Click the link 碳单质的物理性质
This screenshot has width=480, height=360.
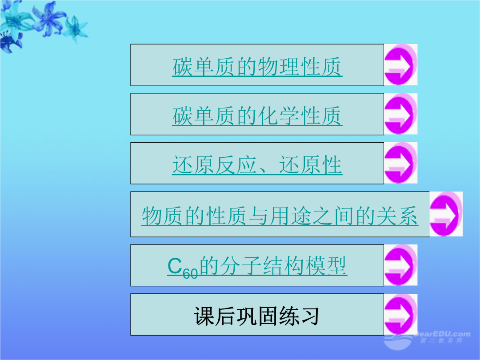(257, 67)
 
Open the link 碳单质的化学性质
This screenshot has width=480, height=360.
(257, 116)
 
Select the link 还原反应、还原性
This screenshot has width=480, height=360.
(257, 165)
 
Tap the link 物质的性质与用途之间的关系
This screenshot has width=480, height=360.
(280, 216)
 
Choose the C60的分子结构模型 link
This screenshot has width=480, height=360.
(257, 266)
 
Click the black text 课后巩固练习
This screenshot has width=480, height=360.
(256, 316)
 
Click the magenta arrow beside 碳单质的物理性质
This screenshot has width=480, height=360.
(400, 64)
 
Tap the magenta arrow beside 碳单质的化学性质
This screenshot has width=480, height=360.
(400, 114)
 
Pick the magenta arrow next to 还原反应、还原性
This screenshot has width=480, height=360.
(400, 163)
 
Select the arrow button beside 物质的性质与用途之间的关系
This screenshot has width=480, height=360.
(446, 214)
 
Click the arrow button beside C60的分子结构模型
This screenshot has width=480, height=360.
(400, 265)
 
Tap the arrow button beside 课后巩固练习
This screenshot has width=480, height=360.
(400, 314)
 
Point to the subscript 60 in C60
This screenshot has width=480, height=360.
(190, 273)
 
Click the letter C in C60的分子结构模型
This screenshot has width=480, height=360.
(175, 265)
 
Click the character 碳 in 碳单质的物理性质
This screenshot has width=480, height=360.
(183, 67)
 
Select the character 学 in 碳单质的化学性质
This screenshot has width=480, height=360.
(289, 116)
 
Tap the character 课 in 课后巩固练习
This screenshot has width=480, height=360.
(204, 316)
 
